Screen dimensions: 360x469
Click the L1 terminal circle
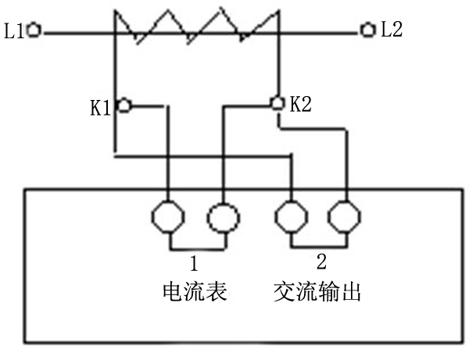[x=34, y=32]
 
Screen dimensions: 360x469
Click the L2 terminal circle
[x=367, y=31]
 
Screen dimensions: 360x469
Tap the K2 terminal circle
[x=276, y=102]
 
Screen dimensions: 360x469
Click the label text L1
[x=14, y=32]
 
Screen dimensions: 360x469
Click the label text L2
[x=392, y=31]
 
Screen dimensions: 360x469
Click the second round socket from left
[x=222, y=218]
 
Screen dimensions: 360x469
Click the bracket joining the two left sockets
[x=195, y=248]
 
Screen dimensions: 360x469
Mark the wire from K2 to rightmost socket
[x=344, y=156]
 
